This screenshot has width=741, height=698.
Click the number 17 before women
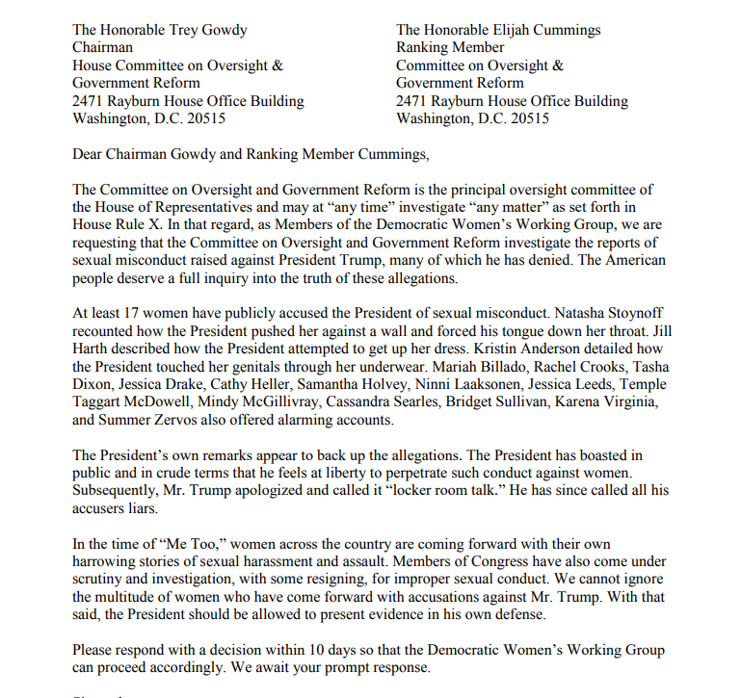pyautogui.click(x=128, y=313)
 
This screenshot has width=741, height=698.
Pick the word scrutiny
pyautogui.click(x=101, y=579)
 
